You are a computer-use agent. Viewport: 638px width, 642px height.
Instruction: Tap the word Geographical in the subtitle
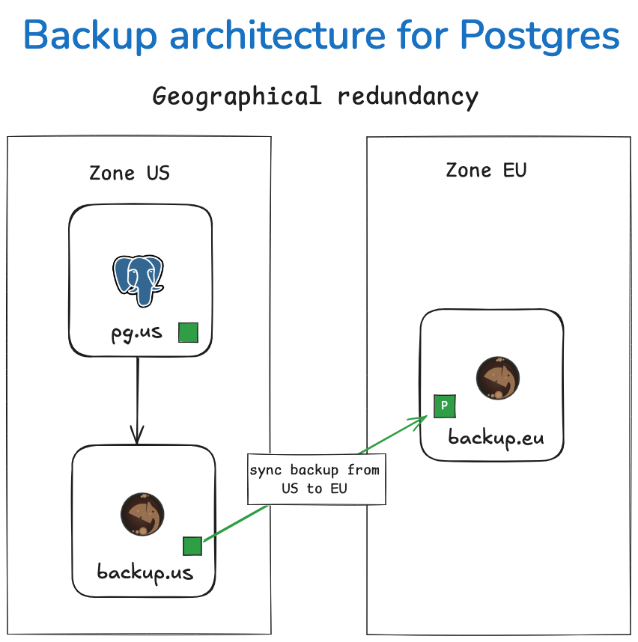[237, 97]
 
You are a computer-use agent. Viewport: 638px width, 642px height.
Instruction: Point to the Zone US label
[130, 173]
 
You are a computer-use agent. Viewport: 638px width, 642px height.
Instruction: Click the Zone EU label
[486, 170]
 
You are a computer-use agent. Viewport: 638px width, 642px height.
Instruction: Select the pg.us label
[137, 332]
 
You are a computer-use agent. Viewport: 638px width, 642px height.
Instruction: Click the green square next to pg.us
[189, 333]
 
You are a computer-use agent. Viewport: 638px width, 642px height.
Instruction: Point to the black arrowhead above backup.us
[138, 434]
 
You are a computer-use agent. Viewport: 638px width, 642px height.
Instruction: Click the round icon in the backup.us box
[142, 514]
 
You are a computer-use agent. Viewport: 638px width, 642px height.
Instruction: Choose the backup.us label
[145, 573]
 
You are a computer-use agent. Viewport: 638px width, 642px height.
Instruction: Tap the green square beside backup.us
[192, 547]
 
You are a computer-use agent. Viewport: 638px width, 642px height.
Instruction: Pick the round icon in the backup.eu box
[498, 378]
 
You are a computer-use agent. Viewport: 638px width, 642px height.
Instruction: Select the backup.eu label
[496, 437]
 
